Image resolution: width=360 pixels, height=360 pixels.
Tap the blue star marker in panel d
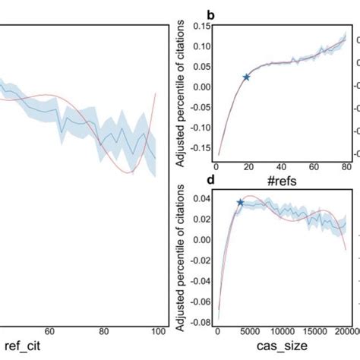[240, 203]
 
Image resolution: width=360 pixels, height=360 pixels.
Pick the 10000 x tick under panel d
[283, 332]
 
